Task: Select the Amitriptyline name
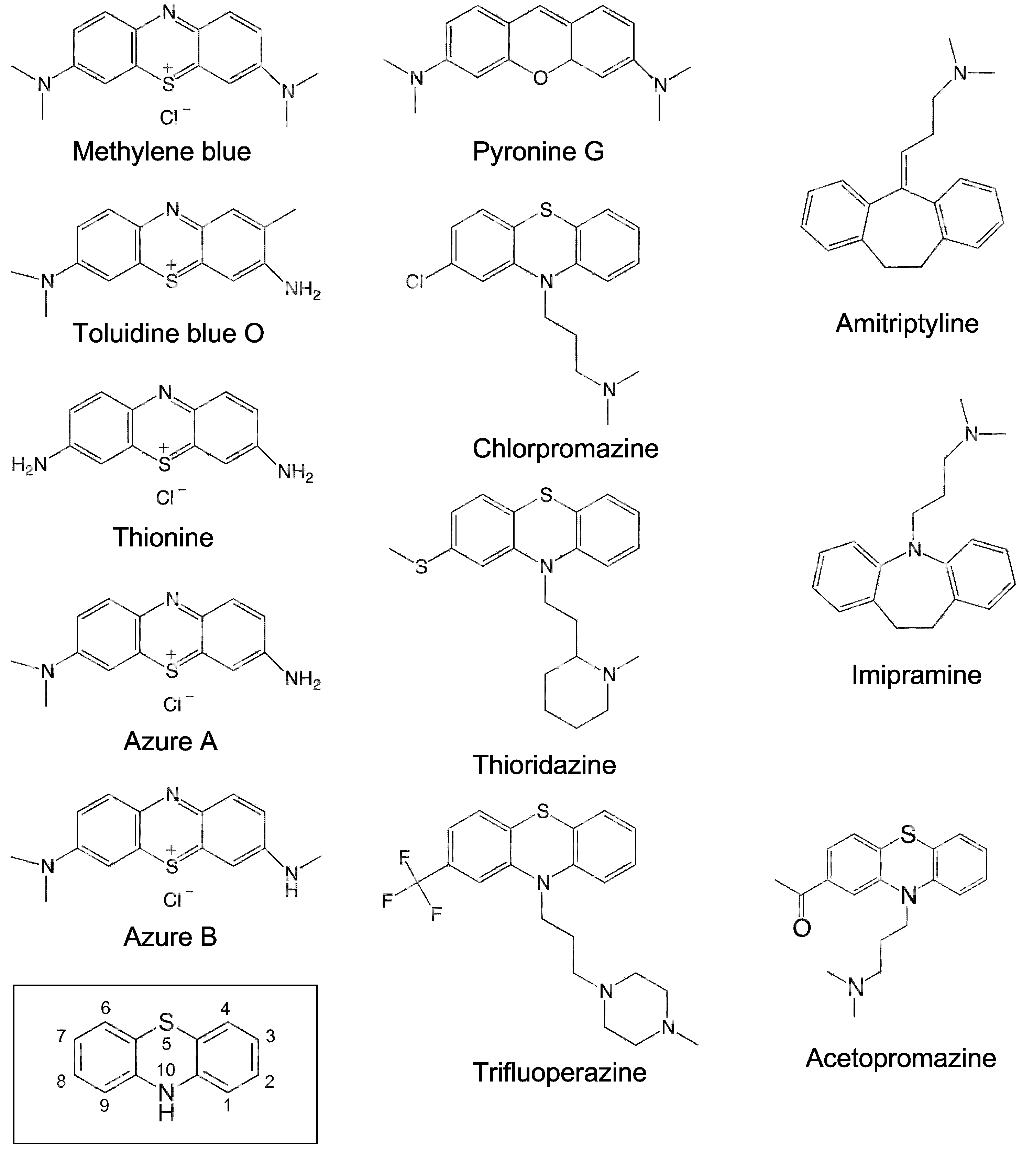pos(907,324)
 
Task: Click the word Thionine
pos(163,537)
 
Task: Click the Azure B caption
pos(170,937)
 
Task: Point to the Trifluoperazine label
pos(559,1072)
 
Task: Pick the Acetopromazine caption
pos(901,1058)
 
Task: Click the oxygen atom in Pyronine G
pos(540,78)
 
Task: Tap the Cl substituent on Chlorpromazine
pos(415,281)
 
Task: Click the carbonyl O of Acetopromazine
pos(802,928)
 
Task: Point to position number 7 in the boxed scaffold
pos(61,1036)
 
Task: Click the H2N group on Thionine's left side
pos(29,465)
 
